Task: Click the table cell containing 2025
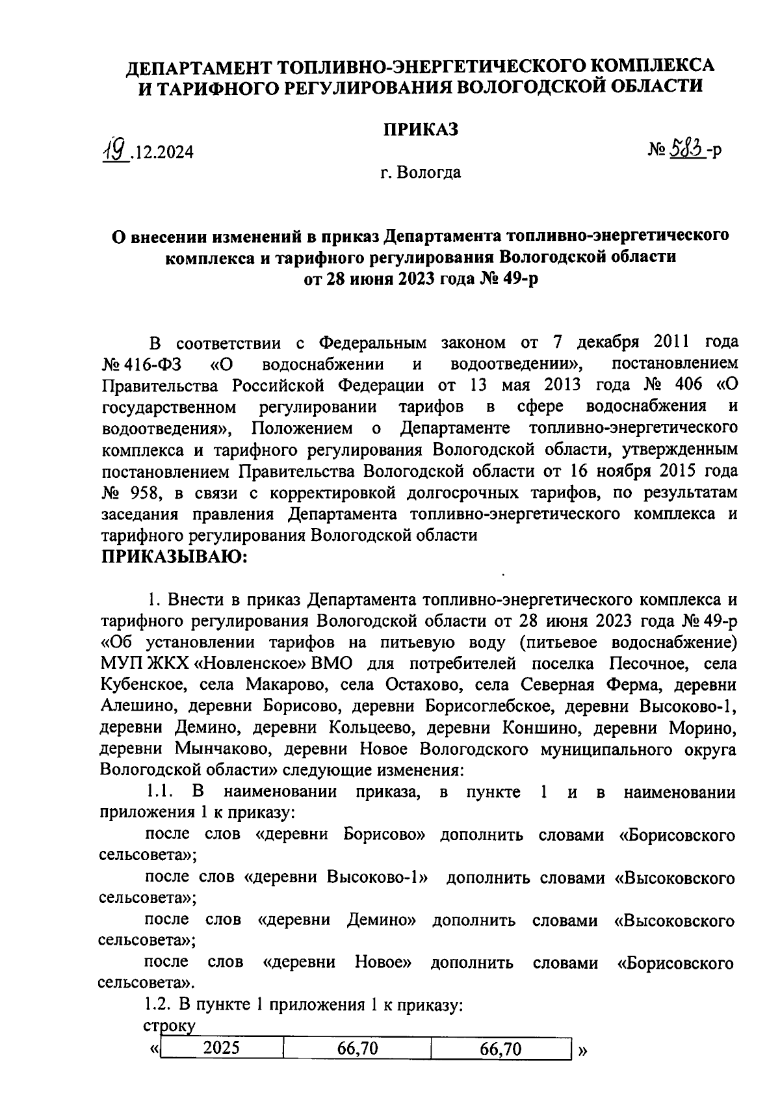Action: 221,1048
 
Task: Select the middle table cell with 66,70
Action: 357,1048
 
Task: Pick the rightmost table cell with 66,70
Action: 500,1048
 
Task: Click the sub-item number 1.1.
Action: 159,792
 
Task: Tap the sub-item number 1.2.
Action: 158,1004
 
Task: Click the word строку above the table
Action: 168,1027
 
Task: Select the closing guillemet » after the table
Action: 582,1049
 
